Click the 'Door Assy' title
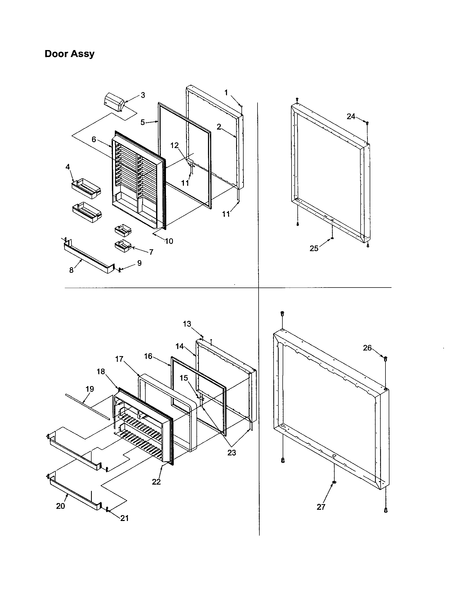coord(70,54)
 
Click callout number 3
coord(143,95)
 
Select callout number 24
coord(350,116)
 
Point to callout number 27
coord(321,507)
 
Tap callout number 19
coord(90,389)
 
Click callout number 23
coord(232,452)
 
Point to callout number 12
coord(175,145)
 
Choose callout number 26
coord(367,348)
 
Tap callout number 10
coord(169,241)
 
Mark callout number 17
coord(119,359)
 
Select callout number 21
coord(124,518)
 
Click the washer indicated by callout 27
coord(334,482)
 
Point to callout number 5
coord(143,122)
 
